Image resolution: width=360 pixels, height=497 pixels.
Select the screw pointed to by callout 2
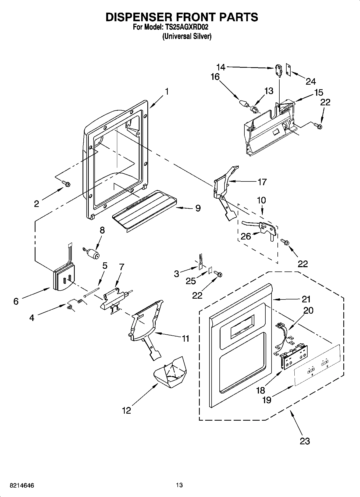click(x=66, y=184)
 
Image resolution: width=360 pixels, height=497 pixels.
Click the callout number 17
click(x=262, y=182)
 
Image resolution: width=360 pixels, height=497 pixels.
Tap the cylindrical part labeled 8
click(x=93, y=253)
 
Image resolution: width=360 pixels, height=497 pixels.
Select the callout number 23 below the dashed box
click(x=305, y=441)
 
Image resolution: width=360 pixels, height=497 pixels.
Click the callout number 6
click(x=16, y=301)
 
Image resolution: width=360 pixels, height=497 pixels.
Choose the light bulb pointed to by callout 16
click(x=243, y=103)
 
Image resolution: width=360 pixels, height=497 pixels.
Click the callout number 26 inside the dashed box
click(x=246, y=236)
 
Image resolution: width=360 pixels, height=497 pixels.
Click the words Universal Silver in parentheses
click(x=187, y=36)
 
